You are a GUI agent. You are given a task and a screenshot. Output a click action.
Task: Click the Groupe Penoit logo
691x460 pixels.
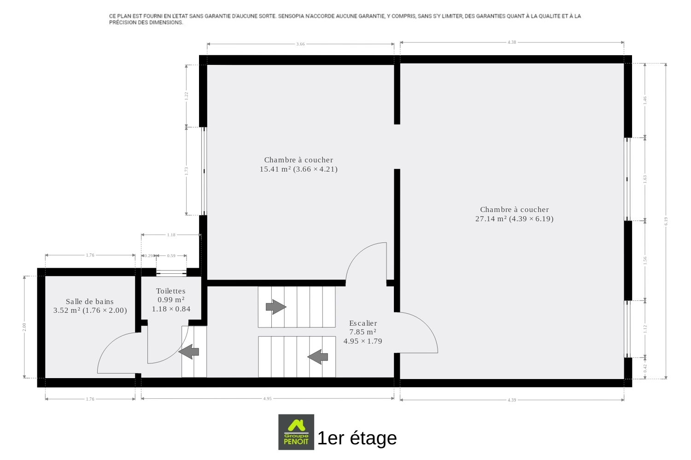[296, 432]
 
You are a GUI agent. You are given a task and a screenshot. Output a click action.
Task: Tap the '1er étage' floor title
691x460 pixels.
[357, 438]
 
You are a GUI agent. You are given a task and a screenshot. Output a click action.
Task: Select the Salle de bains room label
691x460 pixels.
[90, 302]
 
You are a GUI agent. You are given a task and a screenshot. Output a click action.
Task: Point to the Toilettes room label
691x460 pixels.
[170, 291]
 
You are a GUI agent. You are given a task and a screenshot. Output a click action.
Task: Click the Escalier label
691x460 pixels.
[363, 323]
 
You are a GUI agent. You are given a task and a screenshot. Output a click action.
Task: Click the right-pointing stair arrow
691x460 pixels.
[276, 307]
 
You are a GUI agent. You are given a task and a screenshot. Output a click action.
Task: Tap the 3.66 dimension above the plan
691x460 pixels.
[300, 44]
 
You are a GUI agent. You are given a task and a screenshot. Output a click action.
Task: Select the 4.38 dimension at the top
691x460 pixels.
[512, 42]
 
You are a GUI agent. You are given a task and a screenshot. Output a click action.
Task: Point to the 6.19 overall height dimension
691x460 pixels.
[666, 221]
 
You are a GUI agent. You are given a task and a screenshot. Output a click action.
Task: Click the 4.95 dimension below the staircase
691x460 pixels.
[268, 399]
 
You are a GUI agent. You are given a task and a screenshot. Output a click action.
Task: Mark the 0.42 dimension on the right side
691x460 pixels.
[645, 368]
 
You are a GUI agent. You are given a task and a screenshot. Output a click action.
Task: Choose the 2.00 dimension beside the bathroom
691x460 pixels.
[24, 327]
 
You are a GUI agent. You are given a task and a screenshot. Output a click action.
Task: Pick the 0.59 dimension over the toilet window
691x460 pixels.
[171, 256]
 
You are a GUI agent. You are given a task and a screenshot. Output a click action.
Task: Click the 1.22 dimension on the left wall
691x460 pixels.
[186, 96]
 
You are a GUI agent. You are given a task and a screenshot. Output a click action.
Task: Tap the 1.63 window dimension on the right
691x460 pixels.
[645, 179]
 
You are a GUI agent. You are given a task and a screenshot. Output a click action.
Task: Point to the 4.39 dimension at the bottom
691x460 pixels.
[512, 400]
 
